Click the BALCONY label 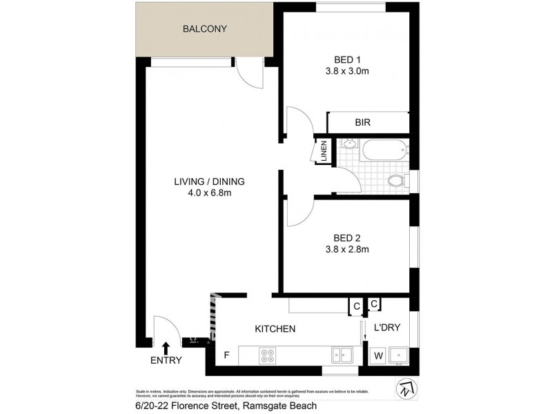pos(204,29)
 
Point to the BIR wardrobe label pos(363,122)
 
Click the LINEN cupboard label pos(323,152)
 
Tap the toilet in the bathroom pos(397,181)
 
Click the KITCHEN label pos(275,329)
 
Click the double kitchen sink pos(342,355)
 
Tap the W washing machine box pos(377,356)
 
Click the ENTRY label pos(166,360)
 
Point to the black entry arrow pos(166,346)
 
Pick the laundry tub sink pos(398,355)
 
